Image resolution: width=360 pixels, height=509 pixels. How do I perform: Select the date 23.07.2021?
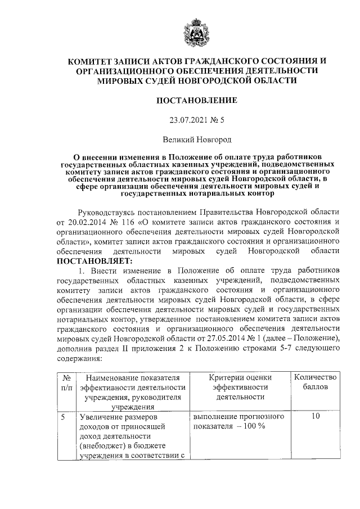[186, 120]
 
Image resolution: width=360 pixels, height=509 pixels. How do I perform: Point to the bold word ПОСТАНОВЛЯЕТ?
[93, 261]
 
